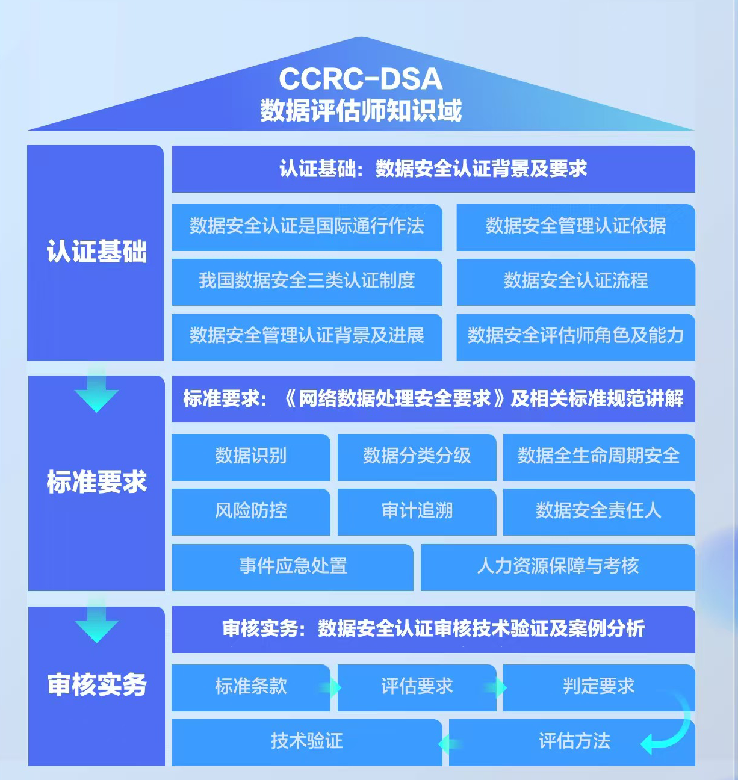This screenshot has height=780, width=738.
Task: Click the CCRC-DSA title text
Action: coord(361,78)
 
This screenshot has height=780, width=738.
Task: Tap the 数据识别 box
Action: coord(250,457)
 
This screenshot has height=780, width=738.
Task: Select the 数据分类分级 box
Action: coord(417,457)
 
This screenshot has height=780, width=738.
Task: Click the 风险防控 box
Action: coord(250,512)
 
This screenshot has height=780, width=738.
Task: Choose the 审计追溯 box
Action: coord(417,512)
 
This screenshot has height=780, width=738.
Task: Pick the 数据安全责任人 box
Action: coord(599,512)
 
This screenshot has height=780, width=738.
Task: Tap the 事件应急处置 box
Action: coord(293,568)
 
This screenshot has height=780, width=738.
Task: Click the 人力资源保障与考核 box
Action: coord(558,568)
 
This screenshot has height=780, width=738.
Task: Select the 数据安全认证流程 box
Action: coord(575,282)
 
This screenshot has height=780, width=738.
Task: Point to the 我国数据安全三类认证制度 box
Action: coord(307,282)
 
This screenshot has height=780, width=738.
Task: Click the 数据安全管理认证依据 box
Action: coord(575,227)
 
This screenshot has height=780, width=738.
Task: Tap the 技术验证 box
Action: coord(307,742)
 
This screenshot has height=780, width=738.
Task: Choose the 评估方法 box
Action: coord(572,742)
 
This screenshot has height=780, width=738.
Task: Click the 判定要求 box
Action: coord(599,687)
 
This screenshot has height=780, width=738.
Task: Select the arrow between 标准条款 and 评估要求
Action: coord(330,687)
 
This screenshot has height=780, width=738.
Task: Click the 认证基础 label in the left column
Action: coord(96,251)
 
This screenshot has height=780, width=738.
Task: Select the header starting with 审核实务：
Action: coord(433,629)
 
